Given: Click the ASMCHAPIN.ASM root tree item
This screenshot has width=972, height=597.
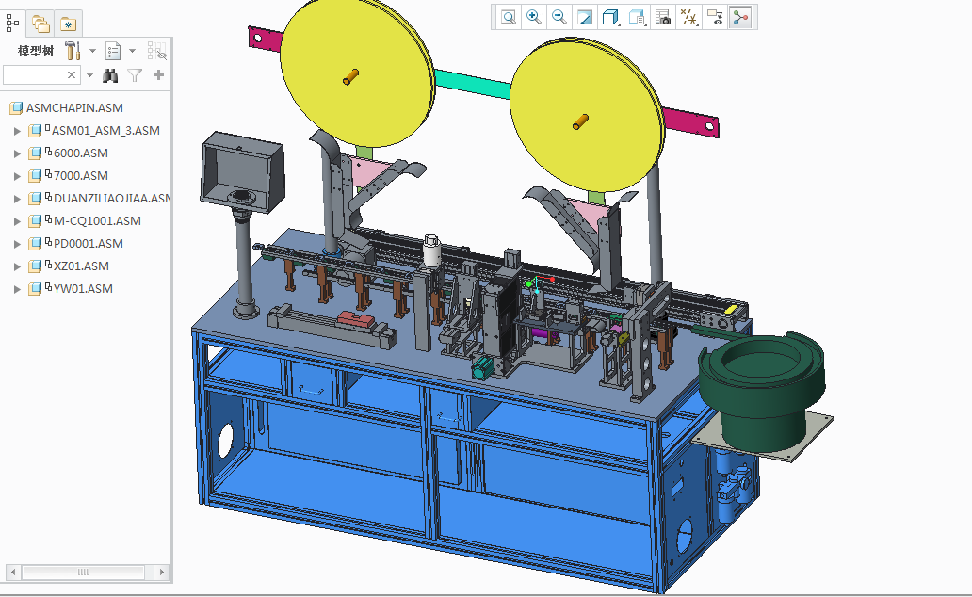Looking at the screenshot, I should tap(74, 108).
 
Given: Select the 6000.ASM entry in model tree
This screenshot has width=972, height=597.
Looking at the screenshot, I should tap(80, 153).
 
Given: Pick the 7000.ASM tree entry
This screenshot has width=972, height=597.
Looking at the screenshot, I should tap(80, 176).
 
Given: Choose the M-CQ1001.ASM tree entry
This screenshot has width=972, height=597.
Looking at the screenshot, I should tap(97, 221).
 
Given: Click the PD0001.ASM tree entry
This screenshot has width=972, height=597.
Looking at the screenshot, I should tap(89, 244).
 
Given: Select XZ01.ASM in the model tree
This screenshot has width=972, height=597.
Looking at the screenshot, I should tap(81, 266).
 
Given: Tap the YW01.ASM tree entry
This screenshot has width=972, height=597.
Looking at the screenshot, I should tap(83, 289).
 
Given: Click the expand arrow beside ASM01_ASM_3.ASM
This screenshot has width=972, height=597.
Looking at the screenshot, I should tap(17, 131).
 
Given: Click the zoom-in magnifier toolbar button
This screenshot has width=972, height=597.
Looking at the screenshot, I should tap(534, 17).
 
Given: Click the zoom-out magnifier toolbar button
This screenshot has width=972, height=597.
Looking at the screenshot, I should tap(559, 17).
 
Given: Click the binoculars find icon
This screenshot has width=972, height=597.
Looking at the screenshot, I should tap(110, 75).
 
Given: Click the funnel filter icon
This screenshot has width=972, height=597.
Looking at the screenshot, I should tap(135, 75).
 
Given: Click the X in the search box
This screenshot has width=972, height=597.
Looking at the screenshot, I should tap(72, 75).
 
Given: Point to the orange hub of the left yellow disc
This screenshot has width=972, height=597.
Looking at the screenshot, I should tap(351, 76).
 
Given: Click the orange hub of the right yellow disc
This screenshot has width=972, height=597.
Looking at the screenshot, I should tap(579, 121).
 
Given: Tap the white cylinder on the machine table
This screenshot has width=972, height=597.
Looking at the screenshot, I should tap(433, 250).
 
